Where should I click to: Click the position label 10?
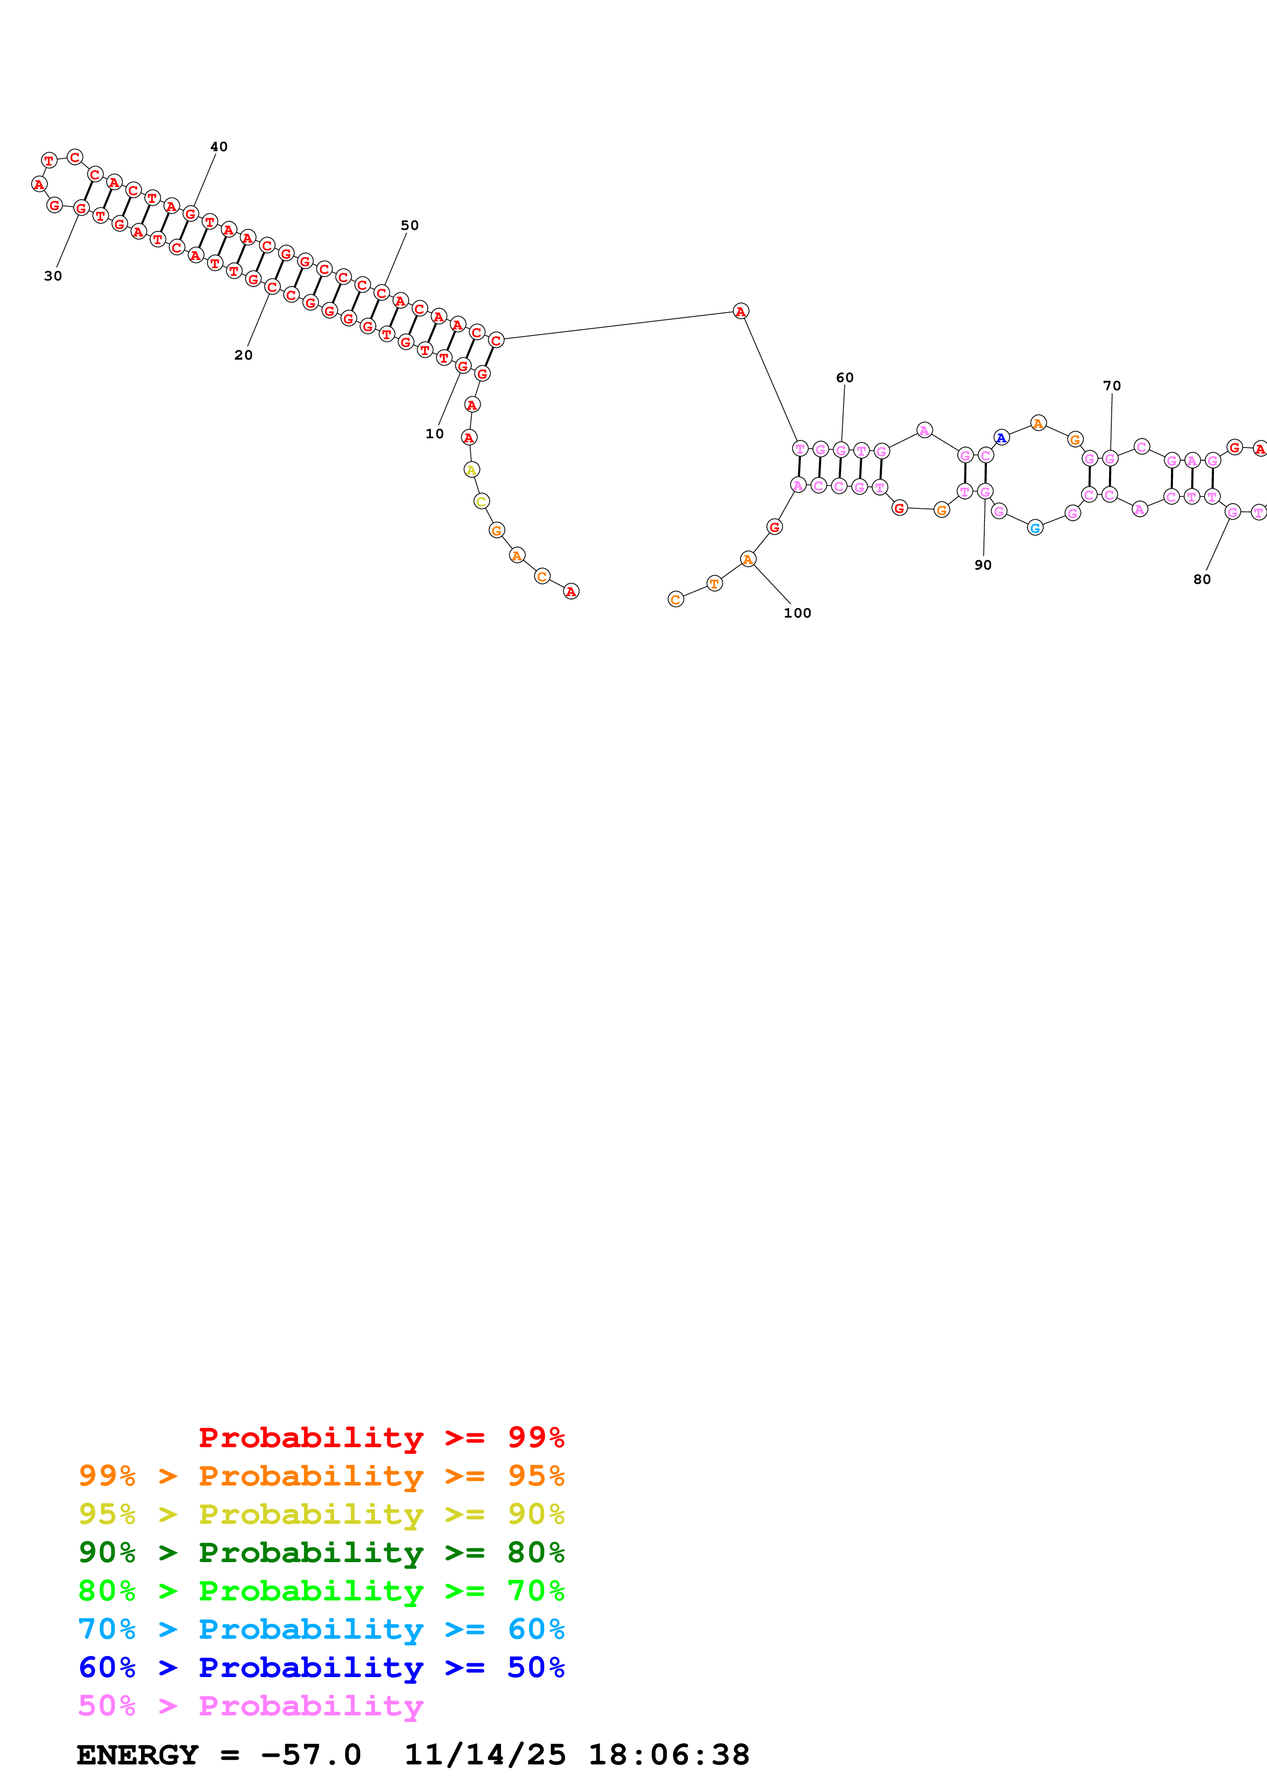click(x=434, y=434)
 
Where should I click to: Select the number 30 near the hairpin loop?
click(x=52, y=276)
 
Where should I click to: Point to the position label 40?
click(x=219, y=147)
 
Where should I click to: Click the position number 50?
click(x=409, y=226)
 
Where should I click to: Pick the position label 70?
click(x=1112, y=386)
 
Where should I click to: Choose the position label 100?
click(x=797, y=614)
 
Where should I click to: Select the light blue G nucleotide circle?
click(x=1035, y=528)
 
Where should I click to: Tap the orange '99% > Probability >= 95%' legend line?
click(x=321, y=1476)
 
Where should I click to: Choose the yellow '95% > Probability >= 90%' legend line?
click(x=321, y=1514)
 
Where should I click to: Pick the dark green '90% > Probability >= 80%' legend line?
click(x=321, y=1552)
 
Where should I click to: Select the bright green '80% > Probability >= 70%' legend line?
click(x=321, y=1591)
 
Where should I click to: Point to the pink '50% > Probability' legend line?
click(x=250, y=1706)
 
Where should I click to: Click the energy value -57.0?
click(x=311, y=1755)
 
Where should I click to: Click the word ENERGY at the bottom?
click(x=137, y=1755)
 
